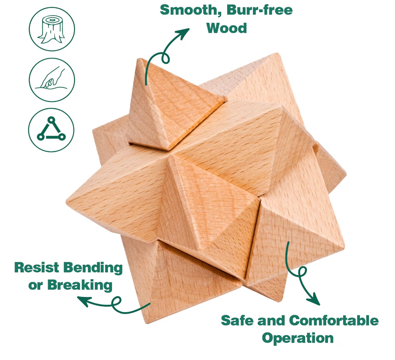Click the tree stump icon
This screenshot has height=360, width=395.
click(52, 29)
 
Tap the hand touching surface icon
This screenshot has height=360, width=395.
click(52, 80)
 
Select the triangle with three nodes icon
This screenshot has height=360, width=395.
click(51, 130)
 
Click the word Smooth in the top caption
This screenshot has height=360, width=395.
click(191, 10)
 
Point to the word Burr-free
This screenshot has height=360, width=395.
click(259, 10)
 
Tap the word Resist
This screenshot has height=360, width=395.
click(37, 267)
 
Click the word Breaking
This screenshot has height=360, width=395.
click(80, 285)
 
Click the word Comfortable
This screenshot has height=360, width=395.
click(334, 321)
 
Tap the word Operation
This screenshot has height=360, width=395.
click(298, 338)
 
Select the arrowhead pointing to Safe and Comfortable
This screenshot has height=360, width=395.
click(315, 299)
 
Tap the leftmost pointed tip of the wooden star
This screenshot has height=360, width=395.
click(67, 201)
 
